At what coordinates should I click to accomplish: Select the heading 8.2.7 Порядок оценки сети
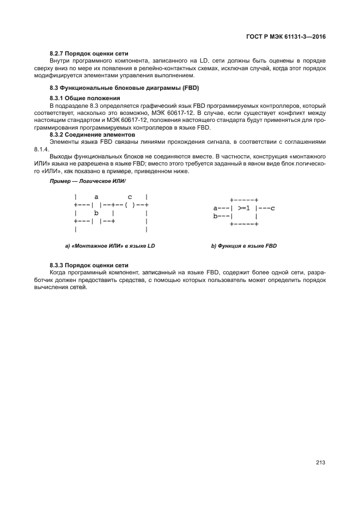point(89,53)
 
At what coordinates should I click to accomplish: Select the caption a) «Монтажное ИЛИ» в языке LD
point(110,246)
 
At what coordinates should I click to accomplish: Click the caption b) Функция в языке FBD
point(244,246)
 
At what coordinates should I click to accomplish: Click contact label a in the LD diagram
point(96,197)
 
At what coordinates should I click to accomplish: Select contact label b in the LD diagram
point(96,212)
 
